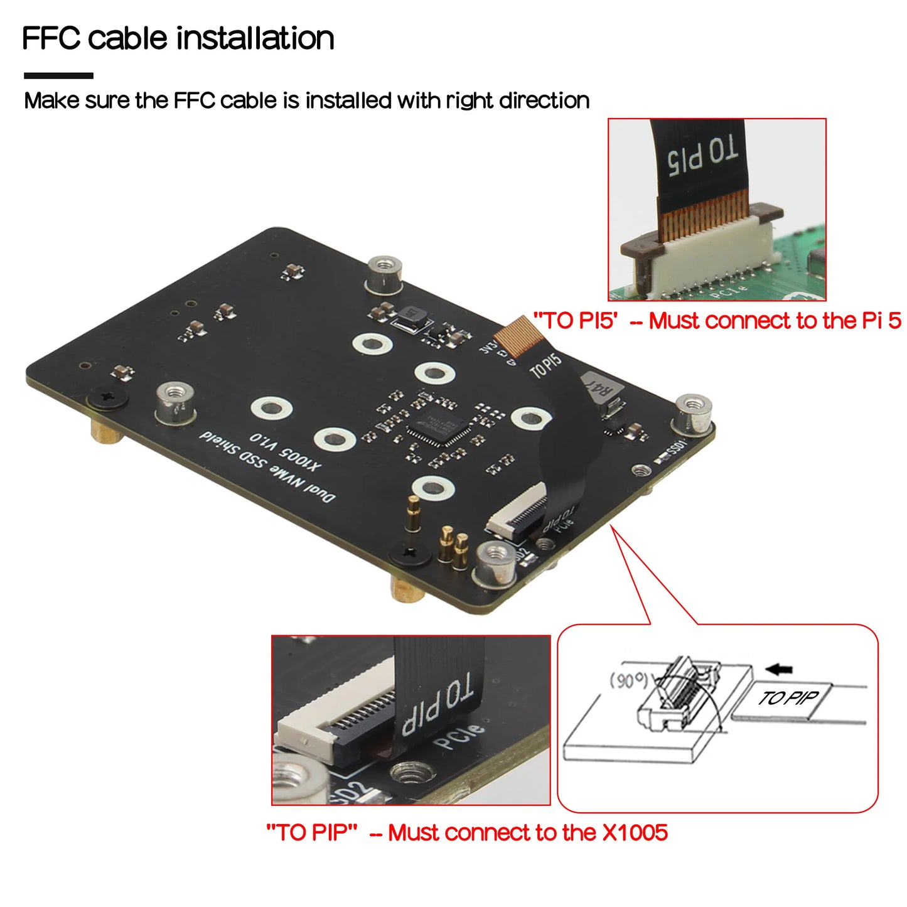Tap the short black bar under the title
pyautogui.click(x=58, y=76)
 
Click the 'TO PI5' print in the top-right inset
pyautogui.click(x=702, y=156)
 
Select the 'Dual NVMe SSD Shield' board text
pyautogui.click(x=267, y=467)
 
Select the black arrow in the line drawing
pyautogui.click(x=780, y=669)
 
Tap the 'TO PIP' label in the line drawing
pyautogui.click(x=788, y=698)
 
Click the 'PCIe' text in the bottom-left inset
pyautogui.click(x=459, y=737)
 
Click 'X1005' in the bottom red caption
pyautogui.click(x=635, y=833)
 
